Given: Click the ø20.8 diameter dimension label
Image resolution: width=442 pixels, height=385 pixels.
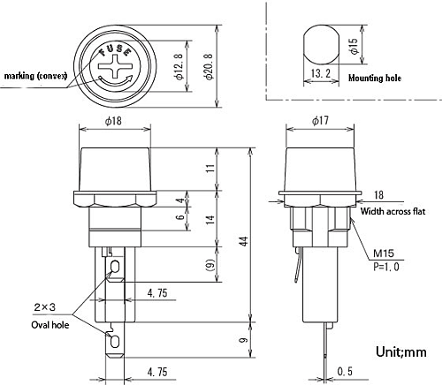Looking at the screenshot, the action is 209,67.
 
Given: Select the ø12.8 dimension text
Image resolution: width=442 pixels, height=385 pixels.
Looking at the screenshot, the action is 179,67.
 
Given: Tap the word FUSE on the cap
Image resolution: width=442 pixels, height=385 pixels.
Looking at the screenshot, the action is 115,50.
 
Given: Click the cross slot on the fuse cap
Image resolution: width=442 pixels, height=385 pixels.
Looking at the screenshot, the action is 115,67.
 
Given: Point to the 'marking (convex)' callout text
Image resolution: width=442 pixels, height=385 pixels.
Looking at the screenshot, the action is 36,76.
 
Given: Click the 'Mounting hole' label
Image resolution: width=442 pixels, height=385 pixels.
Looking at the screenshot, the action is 375,78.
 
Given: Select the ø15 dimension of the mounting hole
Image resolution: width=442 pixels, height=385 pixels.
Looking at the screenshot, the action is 354,46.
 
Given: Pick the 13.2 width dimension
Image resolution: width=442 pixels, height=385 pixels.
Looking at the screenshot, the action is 321,73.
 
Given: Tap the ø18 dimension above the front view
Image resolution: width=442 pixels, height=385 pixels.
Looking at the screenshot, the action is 113,121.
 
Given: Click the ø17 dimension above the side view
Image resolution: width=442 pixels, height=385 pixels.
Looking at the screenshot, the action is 321,120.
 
